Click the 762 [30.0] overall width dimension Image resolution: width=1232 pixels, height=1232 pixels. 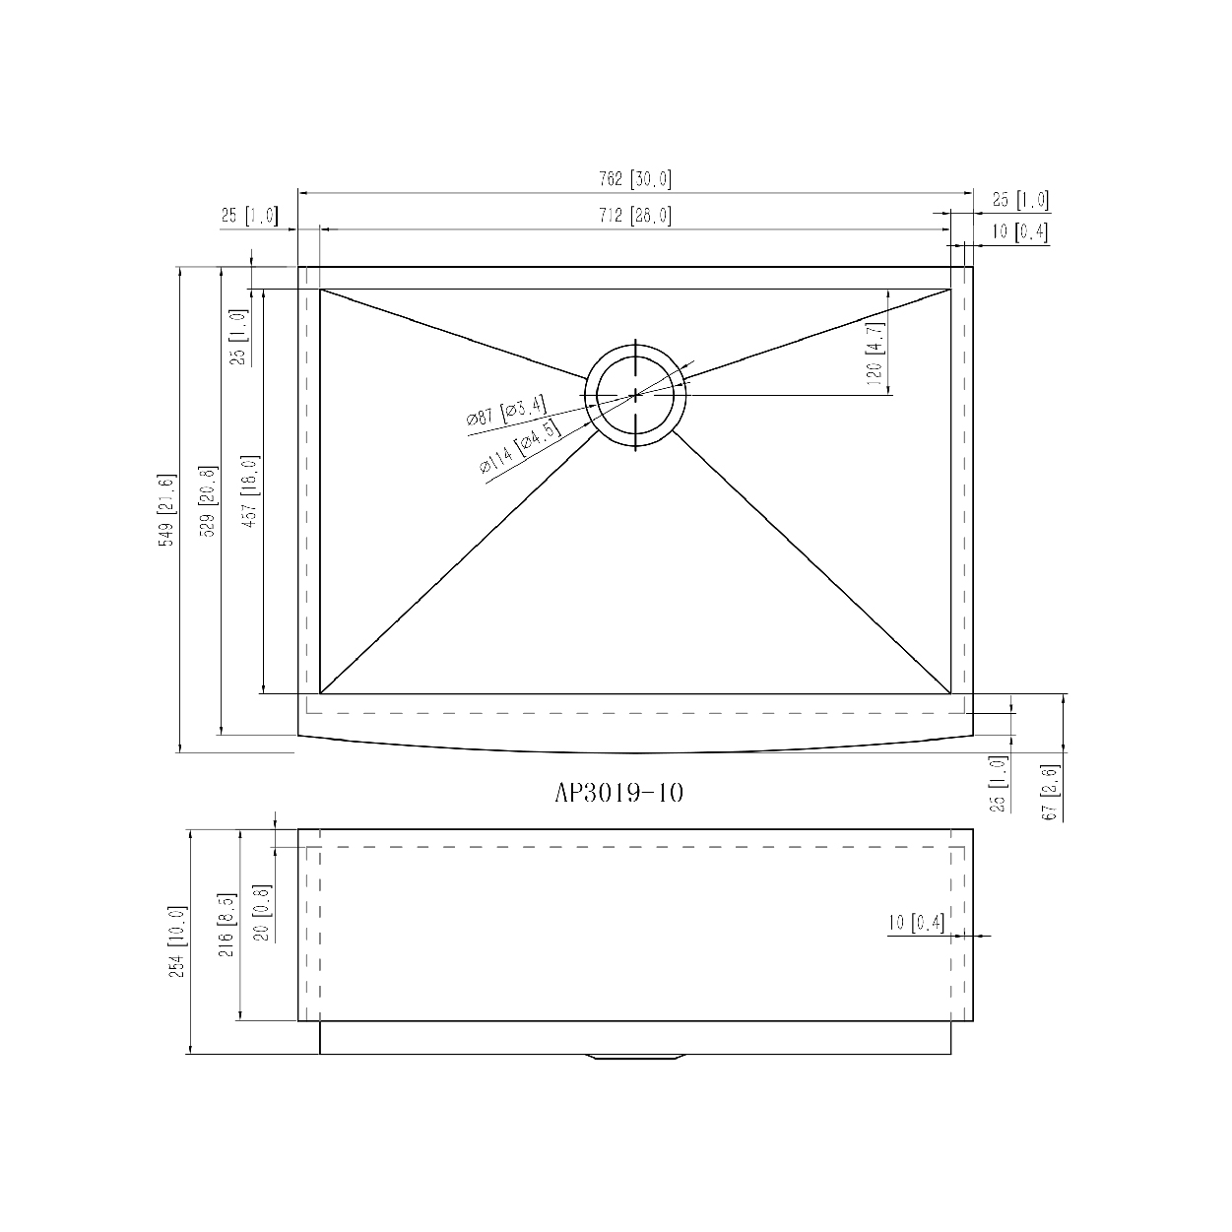(x=634, y=179)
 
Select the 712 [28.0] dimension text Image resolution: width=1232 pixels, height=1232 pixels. (x=634, y=216)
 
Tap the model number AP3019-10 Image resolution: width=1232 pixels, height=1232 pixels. (x=618, y=794)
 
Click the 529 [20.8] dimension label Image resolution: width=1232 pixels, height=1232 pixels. (x=207, y=501)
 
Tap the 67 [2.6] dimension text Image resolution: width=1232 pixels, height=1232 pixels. (x=1049, y=792)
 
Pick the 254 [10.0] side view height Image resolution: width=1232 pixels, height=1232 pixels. (x=177, y=940)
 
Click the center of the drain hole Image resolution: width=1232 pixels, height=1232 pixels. (x=636, y=395)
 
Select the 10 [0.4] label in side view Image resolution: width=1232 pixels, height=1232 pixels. (x=916, y=924)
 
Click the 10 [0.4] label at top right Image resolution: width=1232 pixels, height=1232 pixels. (x=1019, y=232)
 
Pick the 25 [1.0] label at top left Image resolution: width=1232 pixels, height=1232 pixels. (x=249, y=216)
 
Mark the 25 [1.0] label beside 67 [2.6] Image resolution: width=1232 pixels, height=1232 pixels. (x=1000, y=784)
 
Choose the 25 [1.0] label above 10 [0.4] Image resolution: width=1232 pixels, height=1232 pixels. (x=1019, y=200)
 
